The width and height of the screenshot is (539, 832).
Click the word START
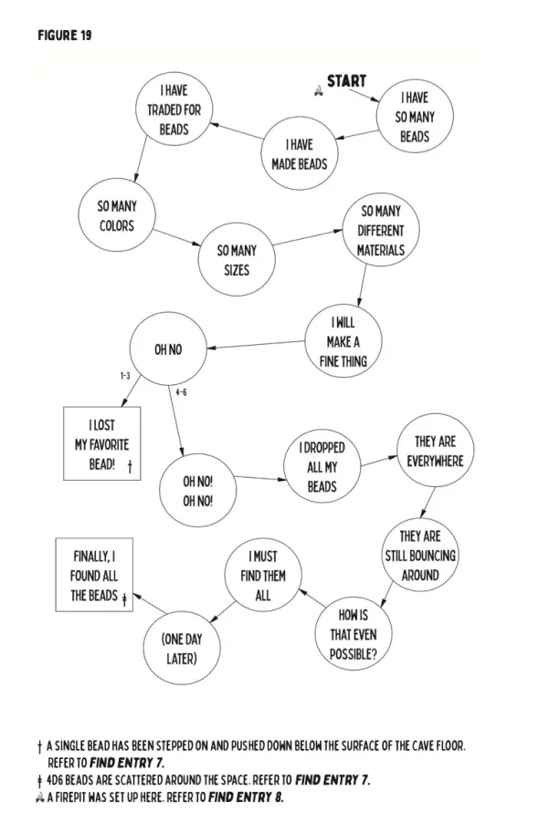pos(346,81)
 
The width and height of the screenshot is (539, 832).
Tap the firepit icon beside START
pos(319,92)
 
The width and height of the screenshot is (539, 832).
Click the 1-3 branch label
pos(125,376)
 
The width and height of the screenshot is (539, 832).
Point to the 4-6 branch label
pos(181,392)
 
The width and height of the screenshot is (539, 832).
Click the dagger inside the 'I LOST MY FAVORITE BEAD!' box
pos(130,467)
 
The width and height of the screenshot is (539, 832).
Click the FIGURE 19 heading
pos(65,36)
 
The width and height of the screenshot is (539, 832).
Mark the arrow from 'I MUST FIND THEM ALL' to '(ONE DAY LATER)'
pos(223,612)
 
